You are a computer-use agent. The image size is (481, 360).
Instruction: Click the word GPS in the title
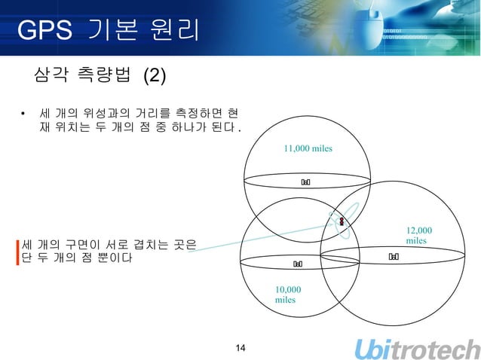tap(44, 31)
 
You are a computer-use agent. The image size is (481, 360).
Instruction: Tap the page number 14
tap(240, 347)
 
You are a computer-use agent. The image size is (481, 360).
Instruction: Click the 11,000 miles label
tap(308, 148)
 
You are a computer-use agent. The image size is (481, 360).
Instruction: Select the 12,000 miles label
tap(419, 235)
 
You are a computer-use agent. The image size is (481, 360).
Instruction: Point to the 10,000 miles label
tap(288, 294)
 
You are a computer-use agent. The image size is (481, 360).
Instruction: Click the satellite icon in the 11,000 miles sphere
tap(306, 182)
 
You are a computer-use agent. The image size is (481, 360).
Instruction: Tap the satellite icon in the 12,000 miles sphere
tap(394, 257)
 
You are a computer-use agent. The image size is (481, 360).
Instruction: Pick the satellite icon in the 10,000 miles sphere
tap(298, 264)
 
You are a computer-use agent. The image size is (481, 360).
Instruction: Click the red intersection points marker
tap(342, 219)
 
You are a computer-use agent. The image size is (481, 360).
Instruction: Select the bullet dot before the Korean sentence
tap(23, 115)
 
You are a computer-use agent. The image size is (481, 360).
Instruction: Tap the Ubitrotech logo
tap(417, 349)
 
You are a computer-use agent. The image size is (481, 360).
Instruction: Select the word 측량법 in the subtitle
tap(104, 75)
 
